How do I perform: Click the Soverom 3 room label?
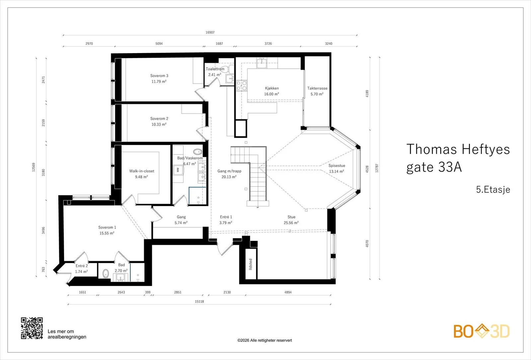pos(159,76)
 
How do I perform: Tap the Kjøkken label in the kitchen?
pos(272,88)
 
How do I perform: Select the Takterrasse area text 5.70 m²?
pos(317,94)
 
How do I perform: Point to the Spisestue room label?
pos(337,166)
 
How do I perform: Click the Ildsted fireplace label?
pos(250,264)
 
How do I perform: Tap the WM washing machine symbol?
pos(178,170)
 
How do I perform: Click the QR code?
pos(32,328)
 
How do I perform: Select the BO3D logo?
pos(482,331)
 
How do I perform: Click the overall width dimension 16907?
pos(210,33)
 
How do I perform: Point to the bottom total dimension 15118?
pos(199,302)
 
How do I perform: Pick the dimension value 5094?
pos(159,43)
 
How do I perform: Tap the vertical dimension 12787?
pos(377,168)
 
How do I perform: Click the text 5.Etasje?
pos(493,189)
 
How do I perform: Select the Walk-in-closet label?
pos(141,171)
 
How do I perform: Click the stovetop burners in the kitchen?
pos(242,86)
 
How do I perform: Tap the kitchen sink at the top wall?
pos(262,63)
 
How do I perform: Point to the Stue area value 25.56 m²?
pos(291,223)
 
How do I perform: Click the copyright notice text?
pos(265,340)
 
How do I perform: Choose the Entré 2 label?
pos(82,266)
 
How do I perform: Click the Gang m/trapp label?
pos(229,171)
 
